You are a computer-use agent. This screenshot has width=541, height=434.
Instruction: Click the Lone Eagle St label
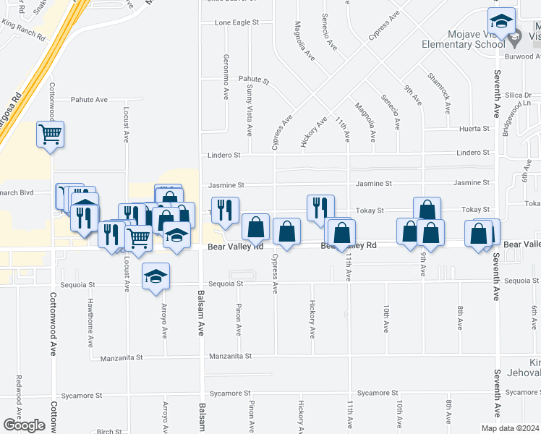pos(237,23)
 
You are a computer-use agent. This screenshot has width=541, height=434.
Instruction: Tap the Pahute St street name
pos(254,81)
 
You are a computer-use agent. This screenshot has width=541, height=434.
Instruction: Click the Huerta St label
pos(474,129)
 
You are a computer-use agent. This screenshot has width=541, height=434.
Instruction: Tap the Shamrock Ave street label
pos(439,92)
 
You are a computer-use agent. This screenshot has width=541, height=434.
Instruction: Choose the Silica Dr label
pos(518,95)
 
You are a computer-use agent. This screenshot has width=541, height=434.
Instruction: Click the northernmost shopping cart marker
pos(51,133)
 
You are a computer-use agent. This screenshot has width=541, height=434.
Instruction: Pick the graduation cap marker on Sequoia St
pos(156,277)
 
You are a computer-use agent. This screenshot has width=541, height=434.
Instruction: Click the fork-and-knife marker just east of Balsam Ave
pos(224,209)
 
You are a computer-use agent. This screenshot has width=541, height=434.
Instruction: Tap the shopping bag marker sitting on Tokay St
pos(427,210)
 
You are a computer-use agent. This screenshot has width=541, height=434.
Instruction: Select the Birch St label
pos(108,430)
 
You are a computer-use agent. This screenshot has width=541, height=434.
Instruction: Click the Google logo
pos(24,425)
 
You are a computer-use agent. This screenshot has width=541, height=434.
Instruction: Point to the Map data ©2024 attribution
pos(509,428)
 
